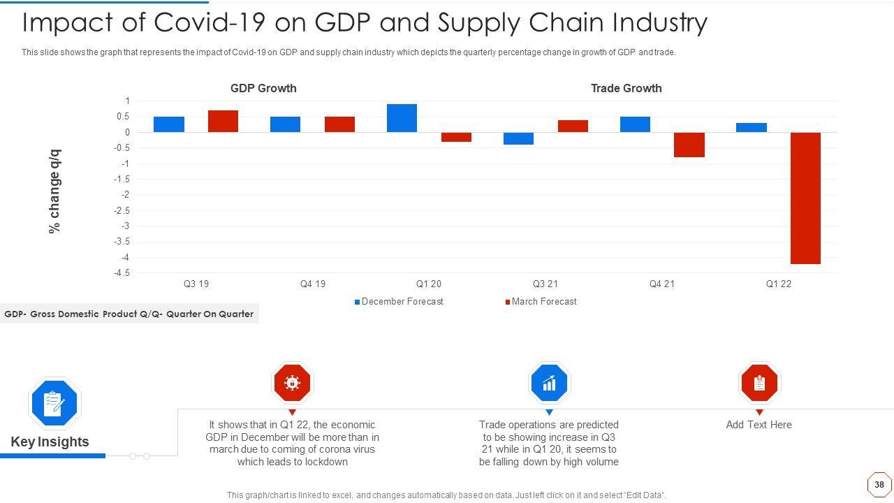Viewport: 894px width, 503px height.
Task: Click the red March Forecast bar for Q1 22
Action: pyautogui.click(x=805, y=198)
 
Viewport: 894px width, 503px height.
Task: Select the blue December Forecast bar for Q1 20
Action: pyautogui.click(x=402, y=118)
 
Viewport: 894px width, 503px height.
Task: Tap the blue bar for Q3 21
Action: pyautogui.click(x=518, y=138)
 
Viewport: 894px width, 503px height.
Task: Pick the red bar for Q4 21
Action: pyautogui.click(x=689, y=145)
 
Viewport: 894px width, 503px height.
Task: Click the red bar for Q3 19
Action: pyautogui.click(x=223, y=122)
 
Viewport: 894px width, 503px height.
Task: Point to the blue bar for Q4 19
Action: pyautogui.click(x=285, y=124)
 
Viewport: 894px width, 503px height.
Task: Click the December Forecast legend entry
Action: pyautogui.click(x=399, y=302)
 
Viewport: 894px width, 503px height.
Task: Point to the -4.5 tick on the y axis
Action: pyautogui.click(x=122, y=273)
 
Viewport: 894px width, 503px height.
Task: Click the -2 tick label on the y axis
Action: pyautogui.click(x=124, y=195)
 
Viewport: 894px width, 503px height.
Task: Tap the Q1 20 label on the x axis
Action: pyautogui.click(x=429, y=284)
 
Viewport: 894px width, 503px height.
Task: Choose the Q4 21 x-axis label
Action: pyautogui.click(x=662, y=284)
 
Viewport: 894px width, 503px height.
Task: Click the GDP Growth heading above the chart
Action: pyautogui.click(x=263, y=89)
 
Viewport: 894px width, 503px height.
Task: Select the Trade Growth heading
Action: pyautogui.click(x=626, y=89)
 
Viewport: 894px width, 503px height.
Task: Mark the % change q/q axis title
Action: pyautogui.click(x=54, y=191)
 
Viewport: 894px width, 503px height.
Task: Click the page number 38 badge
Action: pyautogui.click(x=879, y=484)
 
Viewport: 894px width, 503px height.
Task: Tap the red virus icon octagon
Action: pyautogui.click(x=292, y=383)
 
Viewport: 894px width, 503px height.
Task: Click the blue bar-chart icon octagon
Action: pyautogui.click(x=549, y=383)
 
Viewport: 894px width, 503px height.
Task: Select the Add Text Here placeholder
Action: pyautogui.click(x=759, y=425)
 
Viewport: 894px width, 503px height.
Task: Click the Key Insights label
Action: pyautogui.click(x=50, y=442)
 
